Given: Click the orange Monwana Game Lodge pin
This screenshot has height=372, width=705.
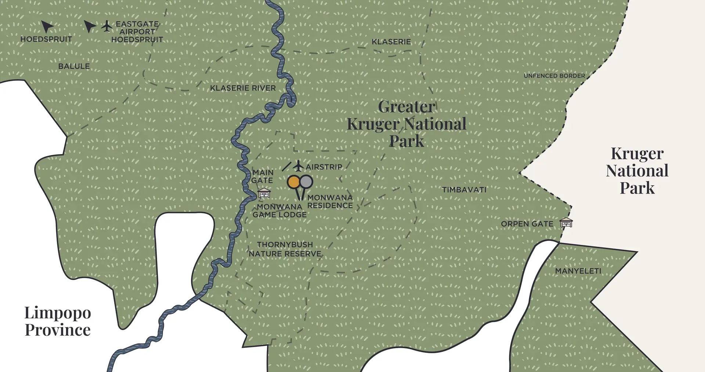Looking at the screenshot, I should pyautogui.click(x=293, y=182).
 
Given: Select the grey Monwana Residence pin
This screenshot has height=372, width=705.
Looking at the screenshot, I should pyautogui.click(x=306, y=181).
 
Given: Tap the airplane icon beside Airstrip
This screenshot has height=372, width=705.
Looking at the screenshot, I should pyautogui.click(x=298, y=166).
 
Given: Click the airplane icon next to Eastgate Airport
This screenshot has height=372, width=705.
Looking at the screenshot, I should pyautogui.click(x=107, y=26).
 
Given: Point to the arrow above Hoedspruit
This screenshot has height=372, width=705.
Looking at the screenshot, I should pyautogui.click(x=47, y=26).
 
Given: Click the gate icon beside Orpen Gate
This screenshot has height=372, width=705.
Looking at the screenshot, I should pyautogui.click(x=566, y=223).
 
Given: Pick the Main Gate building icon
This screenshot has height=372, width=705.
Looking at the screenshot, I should pyautogui.click(x=264, y=193).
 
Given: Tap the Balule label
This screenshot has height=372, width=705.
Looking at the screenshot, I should pyautogui.click(x=74, y=66).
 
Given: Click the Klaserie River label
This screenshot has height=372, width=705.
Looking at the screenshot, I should pyautogui.click(x=243, y=88).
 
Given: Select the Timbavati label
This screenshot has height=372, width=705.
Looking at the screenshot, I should pyautogui.click(x=464, y=190).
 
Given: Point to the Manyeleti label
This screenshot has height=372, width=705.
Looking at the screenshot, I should pyautogui.click(x=578, y=271).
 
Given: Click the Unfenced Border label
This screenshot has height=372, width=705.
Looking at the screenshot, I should pyautogui.click(x=554, y=76).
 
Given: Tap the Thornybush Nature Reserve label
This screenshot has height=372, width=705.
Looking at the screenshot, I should pyautogui.click(x=285, y=249).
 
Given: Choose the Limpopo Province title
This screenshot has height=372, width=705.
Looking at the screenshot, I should pyautogui.click(x=58, y=321).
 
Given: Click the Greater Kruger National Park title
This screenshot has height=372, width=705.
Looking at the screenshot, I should pyautogui.click(x=407, y=124).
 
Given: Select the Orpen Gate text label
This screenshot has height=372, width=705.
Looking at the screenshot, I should pyautogui.click(x=527, y=224).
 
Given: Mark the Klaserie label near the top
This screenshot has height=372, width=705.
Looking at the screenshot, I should pyautogui.click(x=391, y=42).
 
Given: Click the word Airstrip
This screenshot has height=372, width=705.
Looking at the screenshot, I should pyautogui.click(x=324, y=167).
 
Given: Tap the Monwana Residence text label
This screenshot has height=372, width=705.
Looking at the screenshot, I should pyautogui.click(x=330, y=202).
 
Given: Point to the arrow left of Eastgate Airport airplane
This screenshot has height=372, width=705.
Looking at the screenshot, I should pyautogui.click(x=89, y=26).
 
